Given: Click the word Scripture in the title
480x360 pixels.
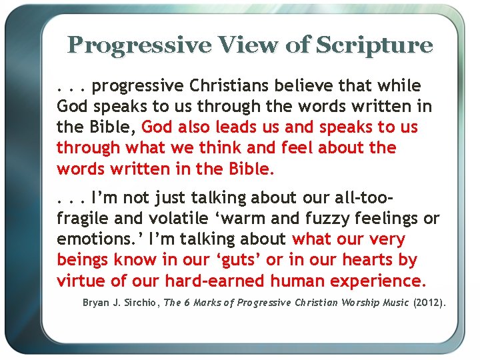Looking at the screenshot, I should point(374,45).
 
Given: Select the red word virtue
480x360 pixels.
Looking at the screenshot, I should point(79,280).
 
